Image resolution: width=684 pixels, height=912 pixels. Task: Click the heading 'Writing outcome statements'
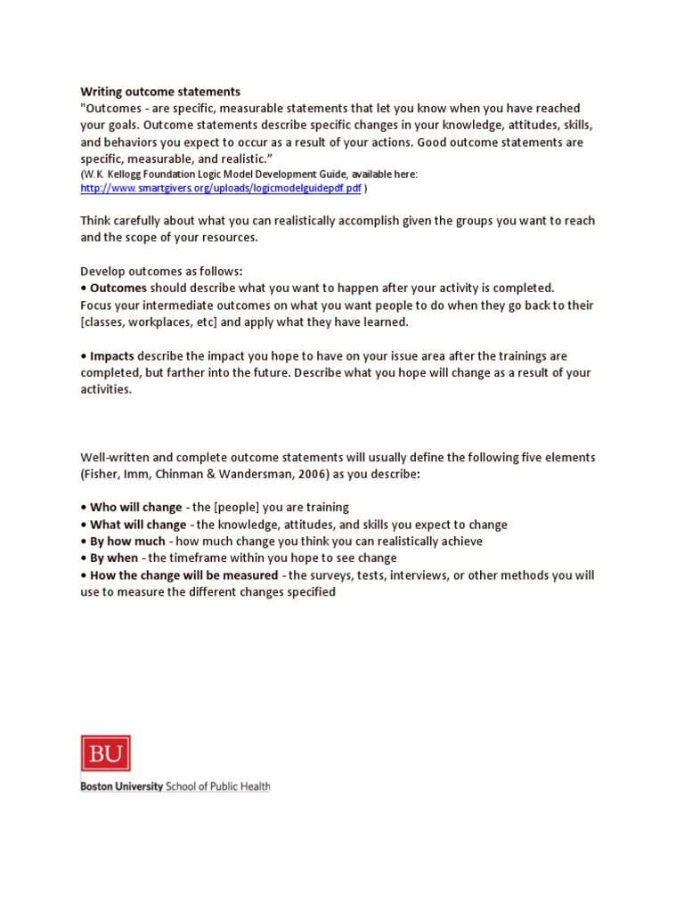pyautogui.click(x=160, y=92)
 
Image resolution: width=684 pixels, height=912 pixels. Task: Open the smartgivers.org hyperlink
pyautogui.click(x=221, y=189)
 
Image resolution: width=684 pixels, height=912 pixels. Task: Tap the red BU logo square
pyautogui.click(x=105, y=753)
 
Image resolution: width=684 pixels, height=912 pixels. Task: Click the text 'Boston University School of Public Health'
pyautogui.click(x=175, y=786)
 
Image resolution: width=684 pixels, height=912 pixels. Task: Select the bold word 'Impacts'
pyautogui.click(x=111, y=356)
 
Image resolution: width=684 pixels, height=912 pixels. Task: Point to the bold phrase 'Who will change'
pyautogui.click(x=135, y=508)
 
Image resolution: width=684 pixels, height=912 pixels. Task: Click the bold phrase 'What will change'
pyautogui.click(x=138, y=525)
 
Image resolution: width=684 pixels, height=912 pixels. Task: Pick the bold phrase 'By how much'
pyautogui.click(x=127, y=541)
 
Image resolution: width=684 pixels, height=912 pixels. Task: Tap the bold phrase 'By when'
pyautogui.click(x=114, y=558)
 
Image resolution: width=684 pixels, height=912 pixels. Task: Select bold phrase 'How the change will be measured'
pyautogui.click(x=183, y=575)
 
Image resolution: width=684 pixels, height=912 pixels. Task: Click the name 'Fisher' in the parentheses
pyautogui.click(x=102, y=475)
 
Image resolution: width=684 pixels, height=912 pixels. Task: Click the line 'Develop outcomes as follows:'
pyautogui.click(x=161, y=272)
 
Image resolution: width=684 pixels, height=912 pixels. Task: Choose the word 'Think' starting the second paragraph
pyautogui.click(x=97, y=221)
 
